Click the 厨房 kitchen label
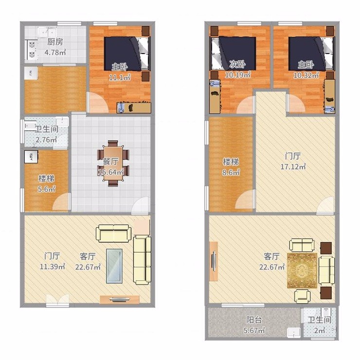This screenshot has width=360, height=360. [x=55, y=42]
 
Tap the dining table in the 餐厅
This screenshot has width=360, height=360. [x=113, y=163]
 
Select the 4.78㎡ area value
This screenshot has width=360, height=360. [x=55, y=53]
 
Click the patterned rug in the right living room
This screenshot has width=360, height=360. [x=302, y=270]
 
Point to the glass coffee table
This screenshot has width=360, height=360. [x=114, y=266]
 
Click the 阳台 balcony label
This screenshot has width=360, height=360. [x=254, y=320]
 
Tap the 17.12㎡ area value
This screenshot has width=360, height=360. [x=293, y=166]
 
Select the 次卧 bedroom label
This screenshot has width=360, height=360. [x=237, y=65]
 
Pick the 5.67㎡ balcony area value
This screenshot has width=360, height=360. [x=254, y=330]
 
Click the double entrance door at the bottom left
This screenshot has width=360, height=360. [x=57, y=300]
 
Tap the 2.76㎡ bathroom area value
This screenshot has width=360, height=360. [x=46, y=140]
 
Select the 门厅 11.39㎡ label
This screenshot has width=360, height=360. [x=53, y=261]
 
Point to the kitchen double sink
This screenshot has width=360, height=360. [x=48, y=32]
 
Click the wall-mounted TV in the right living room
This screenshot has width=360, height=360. [x=214, y=261]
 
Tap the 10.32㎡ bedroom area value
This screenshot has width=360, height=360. [x=306, y=75]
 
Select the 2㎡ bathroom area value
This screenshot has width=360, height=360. [x=319, y=330]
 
